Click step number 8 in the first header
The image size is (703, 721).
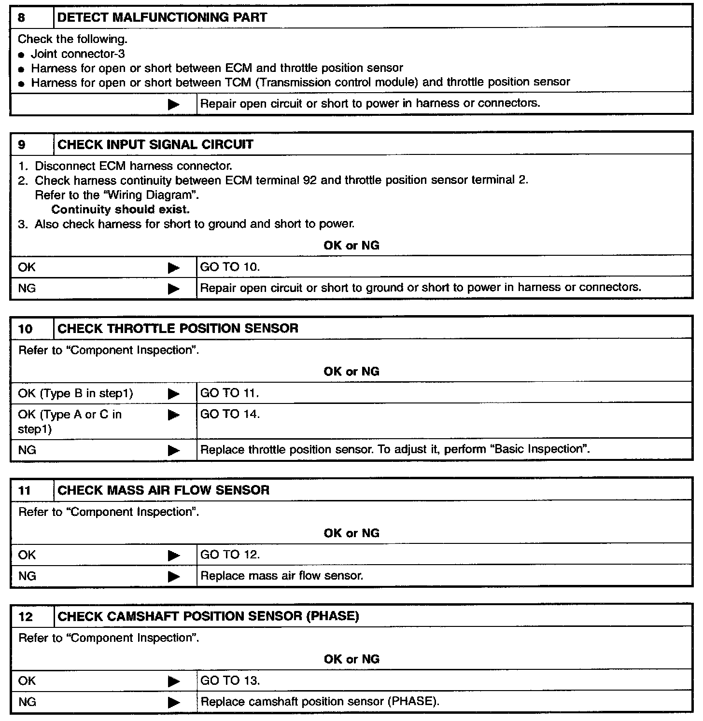click(x=22, y=18)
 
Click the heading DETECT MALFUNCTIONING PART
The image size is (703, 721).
click(x=162, y=18)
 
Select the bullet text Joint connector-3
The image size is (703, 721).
click(x=78, y=54)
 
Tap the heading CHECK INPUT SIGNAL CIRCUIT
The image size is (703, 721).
click(x=155, y=145)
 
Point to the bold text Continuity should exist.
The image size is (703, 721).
click(x=120, y=209)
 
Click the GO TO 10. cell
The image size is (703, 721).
click(x=230, y=267)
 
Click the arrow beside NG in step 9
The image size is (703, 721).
click(x=174, y=289)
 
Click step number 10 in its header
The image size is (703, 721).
click(x=25, y=329)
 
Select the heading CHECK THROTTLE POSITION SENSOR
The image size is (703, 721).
click(x=178, y=329)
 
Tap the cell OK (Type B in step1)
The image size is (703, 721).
click(x=75, y=393)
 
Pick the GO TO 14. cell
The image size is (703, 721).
click(x=230, y=414)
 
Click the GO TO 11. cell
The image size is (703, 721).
click(x=229, y=393)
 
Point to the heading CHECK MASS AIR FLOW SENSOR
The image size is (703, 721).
click(x=163, y=490)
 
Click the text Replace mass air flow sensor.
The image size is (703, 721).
click(x=281, y=576)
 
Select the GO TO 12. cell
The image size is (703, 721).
click(x=230, y=555)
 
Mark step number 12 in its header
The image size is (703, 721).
click(x=25, y=617)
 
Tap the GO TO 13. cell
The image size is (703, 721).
click(x=230, y=681)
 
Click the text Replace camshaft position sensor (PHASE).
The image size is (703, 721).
click(x=320, y=702)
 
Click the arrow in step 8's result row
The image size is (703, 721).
click(x=174, y=104)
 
